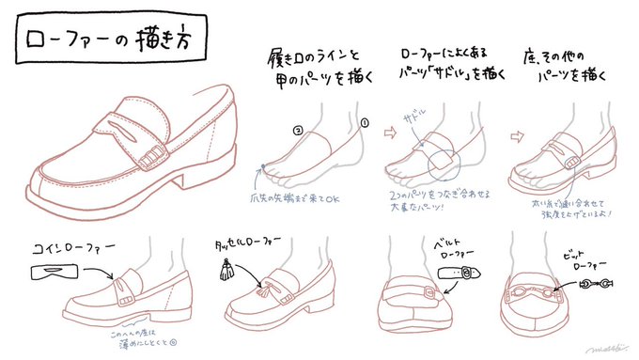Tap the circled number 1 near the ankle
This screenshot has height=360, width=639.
pyautogui.click(x=365, y=121)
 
